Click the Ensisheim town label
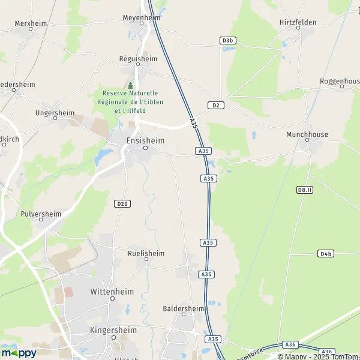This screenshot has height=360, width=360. click(145, 140)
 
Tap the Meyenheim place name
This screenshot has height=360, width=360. click(141, 17)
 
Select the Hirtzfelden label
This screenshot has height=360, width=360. click(298, 22)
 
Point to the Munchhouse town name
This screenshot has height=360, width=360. click(307, 134)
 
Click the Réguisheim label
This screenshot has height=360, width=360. click(138, 59)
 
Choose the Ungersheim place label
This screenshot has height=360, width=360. click(55, 112)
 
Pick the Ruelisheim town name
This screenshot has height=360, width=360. click(146, 253)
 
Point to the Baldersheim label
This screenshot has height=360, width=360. click(184, 308)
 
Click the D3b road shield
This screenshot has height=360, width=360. click(227, 40)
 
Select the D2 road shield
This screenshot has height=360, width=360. click(216, 105)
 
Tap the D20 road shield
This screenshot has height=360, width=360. click(122, 204)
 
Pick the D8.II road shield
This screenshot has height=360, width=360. click(305, 190)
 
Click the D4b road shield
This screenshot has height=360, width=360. click(326, 254)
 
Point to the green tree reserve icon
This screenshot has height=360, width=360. click(130, 86)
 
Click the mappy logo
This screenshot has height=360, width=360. click(19, 353)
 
